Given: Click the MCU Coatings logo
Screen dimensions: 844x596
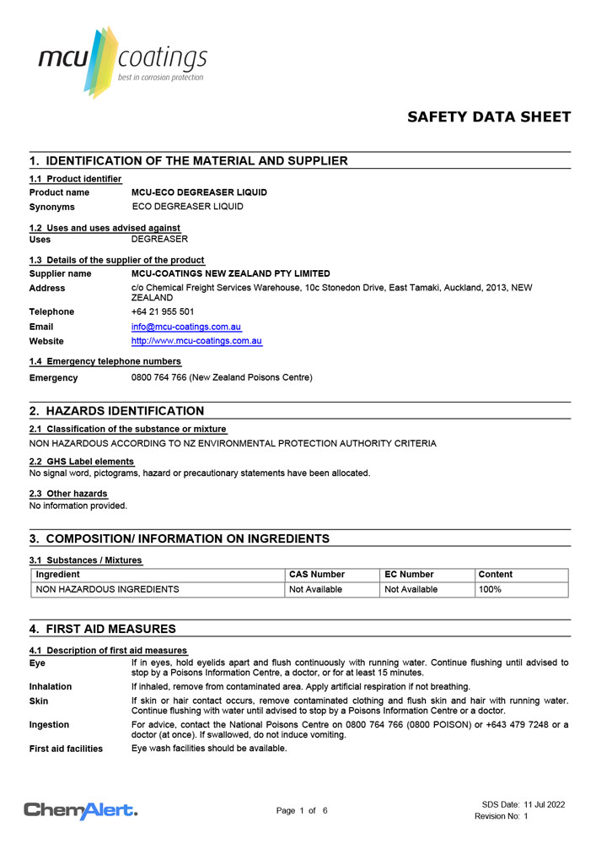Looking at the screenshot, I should (x=122, y=61).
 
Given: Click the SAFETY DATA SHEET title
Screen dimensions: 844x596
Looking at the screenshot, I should (x=489, y=117).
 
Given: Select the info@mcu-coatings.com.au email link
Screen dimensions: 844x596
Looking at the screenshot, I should (x=186, y=327).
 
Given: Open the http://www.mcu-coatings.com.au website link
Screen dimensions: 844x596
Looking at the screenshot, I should (x=196, y=341).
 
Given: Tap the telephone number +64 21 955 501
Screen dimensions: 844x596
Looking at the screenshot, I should (x=163, y=311).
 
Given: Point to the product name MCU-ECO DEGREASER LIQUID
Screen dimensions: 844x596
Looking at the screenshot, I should (x=199, y=192).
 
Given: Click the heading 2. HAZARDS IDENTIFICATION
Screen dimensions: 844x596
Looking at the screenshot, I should (x=116, y=411).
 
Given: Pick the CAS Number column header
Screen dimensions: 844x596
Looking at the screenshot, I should (x=317, y=575).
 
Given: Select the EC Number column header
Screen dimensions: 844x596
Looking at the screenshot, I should (x=411, y=575).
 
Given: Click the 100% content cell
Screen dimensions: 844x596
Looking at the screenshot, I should (x=490, y=589).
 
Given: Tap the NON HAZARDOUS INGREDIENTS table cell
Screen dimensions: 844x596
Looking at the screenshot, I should (x=107, y=589).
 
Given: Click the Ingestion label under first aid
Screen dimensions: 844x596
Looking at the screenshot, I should (x=50, y=724).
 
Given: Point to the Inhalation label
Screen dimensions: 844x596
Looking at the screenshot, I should (x=51, y=687).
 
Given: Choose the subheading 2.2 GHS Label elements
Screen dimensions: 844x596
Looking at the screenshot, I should (x=82, y=462).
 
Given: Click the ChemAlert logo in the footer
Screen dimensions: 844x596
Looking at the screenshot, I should (x=81, y=811).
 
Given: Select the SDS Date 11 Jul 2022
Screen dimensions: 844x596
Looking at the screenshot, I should (x=524, y=804).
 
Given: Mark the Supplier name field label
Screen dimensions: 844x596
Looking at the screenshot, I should (x=61, y=273).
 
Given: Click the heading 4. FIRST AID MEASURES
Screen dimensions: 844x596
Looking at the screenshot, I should (x=102, y=629).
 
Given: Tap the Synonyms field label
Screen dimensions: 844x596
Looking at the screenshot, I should (x=52, y=207).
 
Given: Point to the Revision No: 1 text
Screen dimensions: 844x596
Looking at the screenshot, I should (x=502, y=816).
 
